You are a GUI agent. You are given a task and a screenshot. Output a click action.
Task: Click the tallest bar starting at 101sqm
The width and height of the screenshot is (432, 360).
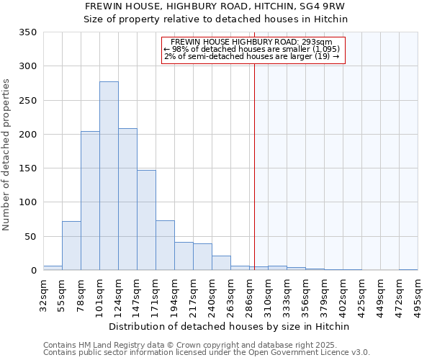pos(109,176)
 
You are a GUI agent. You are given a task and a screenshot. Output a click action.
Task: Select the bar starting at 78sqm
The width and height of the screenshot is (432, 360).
pos(90,201)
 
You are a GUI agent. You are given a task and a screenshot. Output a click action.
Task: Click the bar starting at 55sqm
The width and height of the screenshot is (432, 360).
pos(71,246)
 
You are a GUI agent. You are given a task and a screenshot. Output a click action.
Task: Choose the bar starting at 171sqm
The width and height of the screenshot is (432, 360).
pos(165,246)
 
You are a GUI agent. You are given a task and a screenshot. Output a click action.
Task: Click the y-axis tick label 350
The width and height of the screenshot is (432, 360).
pos(27,32)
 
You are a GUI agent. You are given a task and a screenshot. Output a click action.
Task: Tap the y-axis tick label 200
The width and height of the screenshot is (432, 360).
pos(27,135)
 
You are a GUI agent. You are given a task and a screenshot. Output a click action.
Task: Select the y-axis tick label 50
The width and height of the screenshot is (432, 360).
pos(30,237)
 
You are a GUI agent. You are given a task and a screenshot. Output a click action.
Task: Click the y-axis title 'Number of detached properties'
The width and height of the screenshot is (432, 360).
pos(7,155)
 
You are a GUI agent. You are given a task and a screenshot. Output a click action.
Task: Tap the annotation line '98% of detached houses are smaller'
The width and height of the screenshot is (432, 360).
pos(253,49)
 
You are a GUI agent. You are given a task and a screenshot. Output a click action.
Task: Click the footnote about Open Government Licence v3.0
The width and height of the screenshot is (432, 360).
pos(207,353)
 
